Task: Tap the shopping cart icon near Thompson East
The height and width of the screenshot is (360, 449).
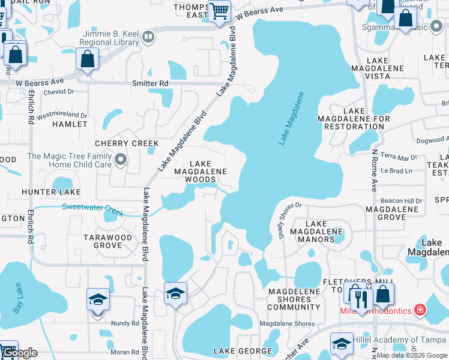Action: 220,10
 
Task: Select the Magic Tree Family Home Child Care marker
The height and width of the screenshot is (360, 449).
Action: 121,160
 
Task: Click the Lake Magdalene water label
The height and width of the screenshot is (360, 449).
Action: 292,118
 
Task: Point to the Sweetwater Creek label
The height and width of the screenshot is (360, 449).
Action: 92,209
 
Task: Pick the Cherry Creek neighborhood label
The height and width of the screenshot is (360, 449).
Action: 127,143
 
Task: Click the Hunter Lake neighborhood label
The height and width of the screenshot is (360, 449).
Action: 51,192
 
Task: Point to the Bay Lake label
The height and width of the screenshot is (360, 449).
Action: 20,302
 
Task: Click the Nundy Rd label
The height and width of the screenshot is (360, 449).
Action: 125,323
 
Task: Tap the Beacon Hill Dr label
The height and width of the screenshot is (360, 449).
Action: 402,200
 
